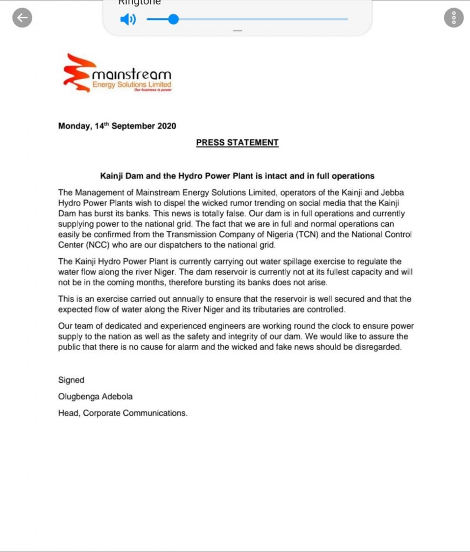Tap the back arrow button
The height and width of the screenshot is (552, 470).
coord(22,18)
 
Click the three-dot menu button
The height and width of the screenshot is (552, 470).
coord(454,18)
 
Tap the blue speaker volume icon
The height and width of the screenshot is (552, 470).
coord(128,20)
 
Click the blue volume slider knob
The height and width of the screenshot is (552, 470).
coord(173,19)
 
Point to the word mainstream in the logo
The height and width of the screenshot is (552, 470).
coord(132,74)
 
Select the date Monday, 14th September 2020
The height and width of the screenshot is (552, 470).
coord(117,126)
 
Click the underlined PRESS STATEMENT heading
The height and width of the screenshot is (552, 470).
coord(237,143)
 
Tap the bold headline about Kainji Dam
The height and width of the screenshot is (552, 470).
coord(237,176)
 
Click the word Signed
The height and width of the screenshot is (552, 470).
coord(71,380)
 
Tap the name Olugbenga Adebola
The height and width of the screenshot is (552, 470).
coord(95,396)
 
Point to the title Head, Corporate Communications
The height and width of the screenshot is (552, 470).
coord(123,413)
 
